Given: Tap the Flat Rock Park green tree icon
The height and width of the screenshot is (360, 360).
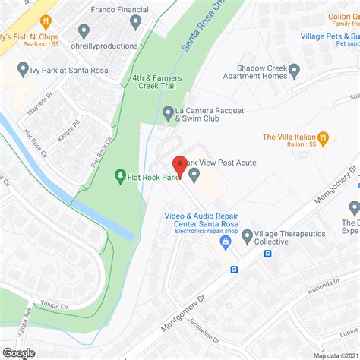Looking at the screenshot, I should [x=119, y=177].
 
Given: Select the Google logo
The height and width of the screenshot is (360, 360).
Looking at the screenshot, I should [x=19, y=352].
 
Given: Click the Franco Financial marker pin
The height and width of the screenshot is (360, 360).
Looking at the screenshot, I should [x=136, y=22].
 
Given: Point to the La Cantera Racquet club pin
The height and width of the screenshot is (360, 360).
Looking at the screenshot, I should [x=169, y=113].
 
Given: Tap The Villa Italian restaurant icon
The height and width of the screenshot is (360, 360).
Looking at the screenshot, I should [x=324, y=138].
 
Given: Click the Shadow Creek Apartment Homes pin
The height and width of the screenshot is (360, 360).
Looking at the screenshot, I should [x=294, y=70].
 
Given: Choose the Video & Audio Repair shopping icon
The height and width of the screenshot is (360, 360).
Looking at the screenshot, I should [x=225, y=242].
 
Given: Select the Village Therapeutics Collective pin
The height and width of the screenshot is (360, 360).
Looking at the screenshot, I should [x=247, y=237].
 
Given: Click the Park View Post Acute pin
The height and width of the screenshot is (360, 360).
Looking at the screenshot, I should [x=194, y=175].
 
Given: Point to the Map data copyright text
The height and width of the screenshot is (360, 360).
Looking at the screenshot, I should [x=335, y=355].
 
